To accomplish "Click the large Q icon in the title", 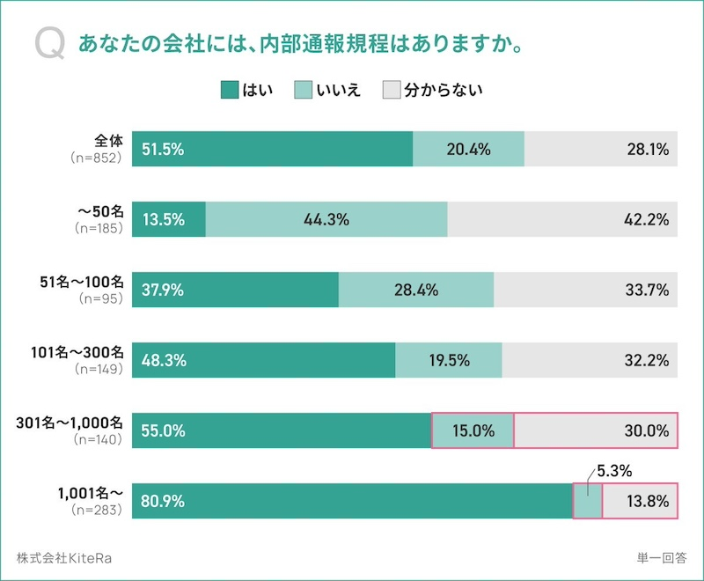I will (48, 45).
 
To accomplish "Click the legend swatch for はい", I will (230, 90).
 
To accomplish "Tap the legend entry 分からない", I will (443, 90).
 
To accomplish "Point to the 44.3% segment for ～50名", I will (326, 220).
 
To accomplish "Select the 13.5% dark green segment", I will (168, 220).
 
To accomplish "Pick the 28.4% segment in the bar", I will (416, 290).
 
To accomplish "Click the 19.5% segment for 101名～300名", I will (448, 361).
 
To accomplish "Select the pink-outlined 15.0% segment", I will (473, 431).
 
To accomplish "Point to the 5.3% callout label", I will (614, 472).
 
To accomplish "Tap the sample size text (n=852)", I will (98, 158).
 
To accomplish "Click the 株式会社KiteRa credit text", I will (64, 557).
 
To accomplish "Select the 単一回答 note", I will (662, 557).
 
